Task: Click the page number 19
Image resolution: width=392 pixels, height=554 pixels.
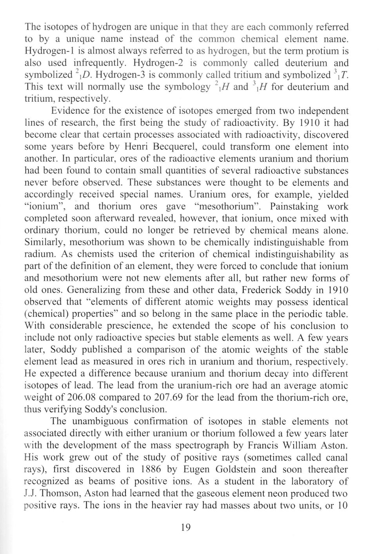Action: pos(186,527)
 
